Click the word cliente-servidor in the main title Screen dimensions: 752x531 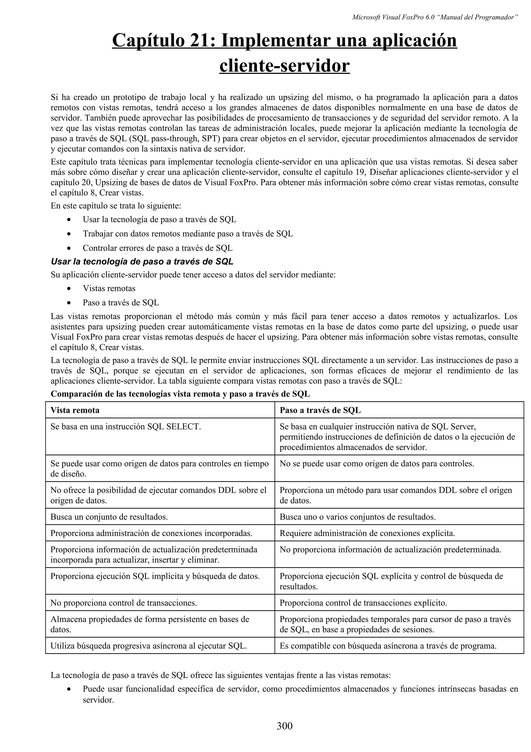[284, 66]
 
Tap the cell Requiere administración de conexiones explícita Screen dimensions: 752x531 [367, 533]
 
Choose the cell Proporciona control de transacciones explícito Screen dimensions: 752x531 [363, 603]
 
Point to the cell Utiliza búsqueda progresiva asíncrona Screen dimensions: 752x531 [149, 646]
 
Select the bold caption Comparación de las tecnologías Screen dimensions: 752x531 [180, 394]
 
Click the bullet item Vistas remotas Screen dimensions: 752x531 [109, 288]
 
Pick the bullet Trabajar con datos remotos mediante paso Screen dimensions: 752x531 [188, 234]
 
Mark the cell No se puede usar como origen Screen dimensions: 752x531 [376, 463]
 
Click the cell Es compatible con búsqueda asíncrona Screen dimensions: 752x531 [388, 646]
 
